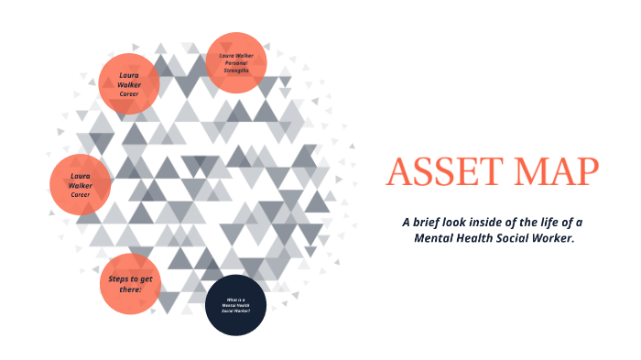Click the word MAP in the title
557,172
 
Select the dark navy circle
235,305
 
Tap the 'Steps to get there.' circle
130,284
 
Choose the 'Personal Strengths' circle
235,63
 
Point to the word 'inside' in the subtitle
499,223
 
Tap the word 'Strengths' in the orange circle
235,71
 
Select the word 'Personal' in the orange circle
235,63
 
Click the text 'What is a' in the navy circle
235,299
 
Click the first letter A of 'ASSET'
398,172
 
